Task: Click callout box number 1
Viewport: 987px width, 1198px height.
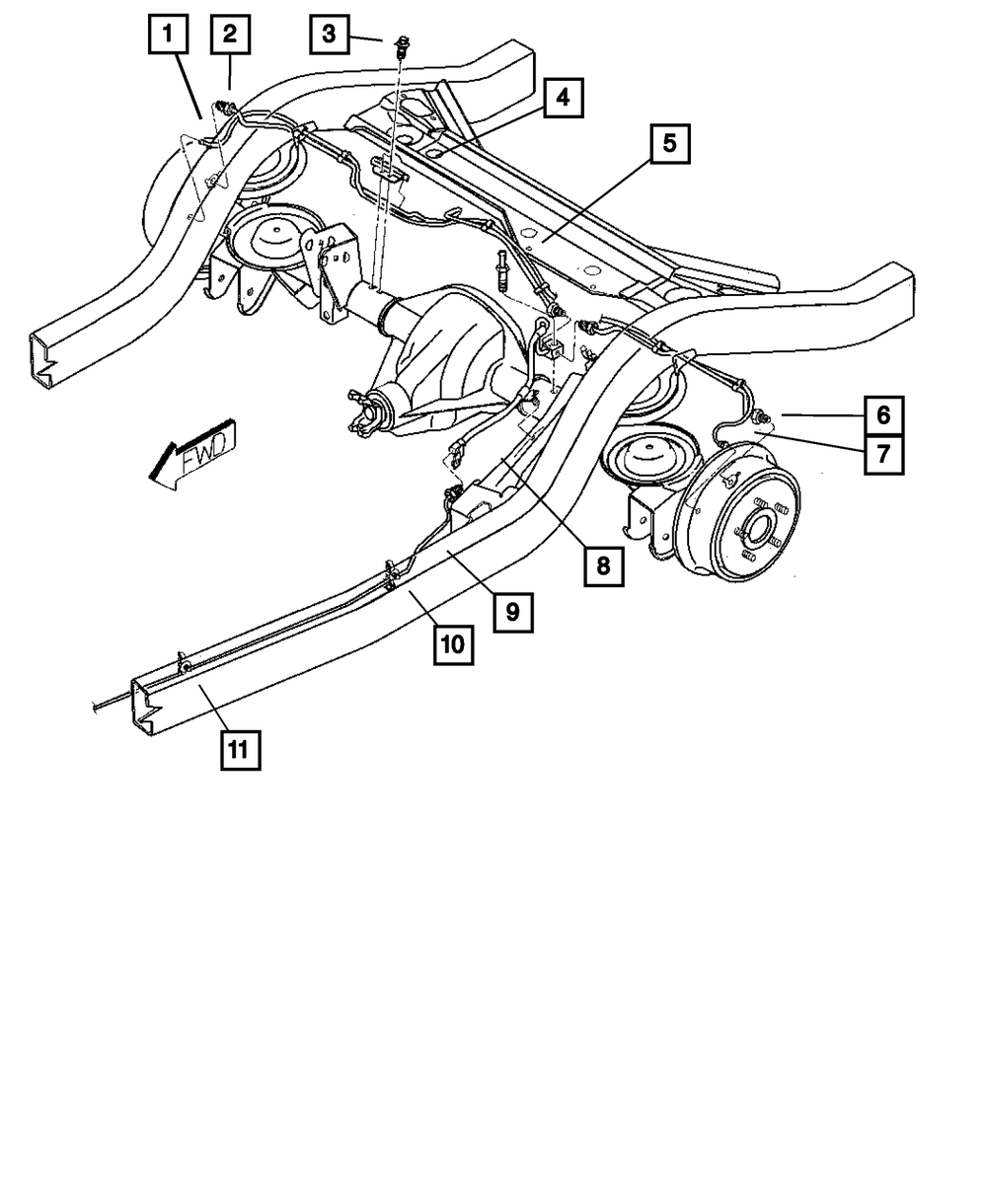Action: pyautogui.click(x=168, y=35)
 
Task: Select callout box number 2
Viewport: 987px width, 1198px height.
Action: pyautogui.click(x=230, y=35)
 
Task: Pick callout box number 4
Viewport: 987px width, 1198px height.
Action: pyautogui.click(x=561, y=98)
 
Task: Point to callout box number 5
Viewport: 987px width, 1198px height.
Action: pyautogui.click(x=669, y=144)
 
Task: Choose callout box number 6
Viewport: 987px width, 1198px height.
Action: pyautogui.click(x=883, y=414)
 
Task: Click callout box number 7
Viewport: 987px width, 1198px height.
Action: pyautogui.click(x=883, y=455)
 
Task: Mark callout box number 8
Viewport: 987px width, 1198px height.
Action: pyautogui.click(x=602, y=566)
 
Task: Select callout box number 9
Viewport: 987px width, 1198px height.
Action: pyautogui.click(x=512, y=612)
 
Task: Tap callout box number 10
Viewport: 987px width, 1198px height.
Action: pyautogui.click(x=452, y=645)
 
